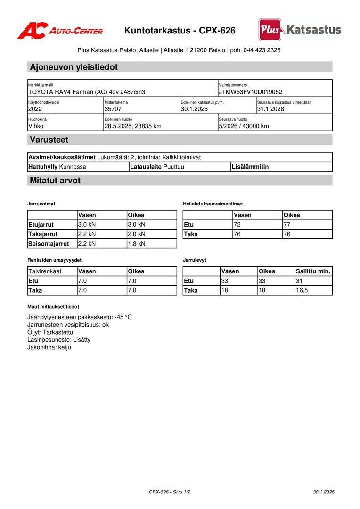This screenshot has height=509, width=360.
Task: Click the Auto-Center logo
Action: coord(60,31)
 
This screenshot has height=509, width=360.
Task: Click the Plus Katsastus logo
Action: coord(300,30)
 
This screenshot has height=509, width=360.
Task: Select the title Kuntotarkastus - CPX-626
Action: coord(180,31)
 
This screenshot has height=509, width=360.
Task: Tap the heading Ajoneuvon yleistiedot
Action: coord(74,67)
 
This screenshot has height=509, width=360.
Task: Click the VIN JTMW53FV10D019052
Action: coord(250,92)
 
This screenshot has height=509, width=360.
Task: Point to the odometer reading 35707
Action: coord(113,109)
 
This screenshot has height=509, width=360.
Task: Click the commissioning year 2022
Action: coord(35,109)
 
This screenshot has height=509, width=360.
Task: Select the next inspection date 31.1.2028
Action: coord(270,109)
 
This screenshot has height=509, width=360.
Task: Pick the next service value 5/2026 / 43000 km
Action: coord(244,126)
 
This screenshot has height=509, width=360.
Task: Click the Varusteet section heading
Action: coord(49,140)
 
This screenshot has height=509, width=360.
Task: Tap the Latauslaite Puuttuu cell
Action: coord(157,167)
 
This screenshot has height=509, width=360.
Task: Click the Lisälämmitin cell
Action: coord(250,167)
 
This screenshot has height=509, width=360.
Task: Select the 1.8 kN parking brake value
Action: coord(137,244)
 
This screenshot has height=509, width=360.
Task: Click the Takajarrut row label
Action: coord(43,234)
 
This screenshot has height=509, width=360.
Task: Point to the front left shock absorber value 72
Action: coord(237,224)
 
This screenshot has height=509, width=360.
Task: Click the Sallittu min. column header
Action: coord(313,271)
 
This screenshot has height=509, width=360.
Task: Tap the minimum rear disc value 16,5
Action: coord(302,290)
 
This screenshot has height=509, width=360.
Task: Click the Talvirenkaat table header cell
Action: coord(45,271)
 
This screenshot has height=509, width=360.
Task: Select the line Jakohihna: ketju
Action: coord(49,347)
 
